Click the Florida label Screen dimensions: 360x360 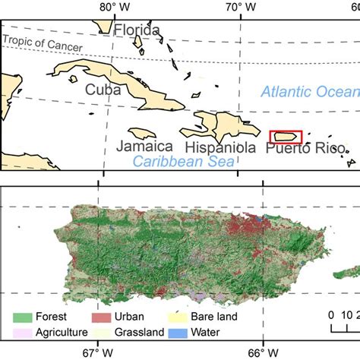[x=137, y=30]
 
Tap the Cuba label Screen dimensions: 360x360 [x=103, y=90]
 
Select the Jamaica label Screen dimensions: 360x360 [x=145, y=147]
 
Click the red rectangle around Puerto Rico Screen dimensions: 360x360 [x=286, y=137]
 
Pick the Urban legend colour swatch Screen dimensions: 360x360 [x=106, y=316]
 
